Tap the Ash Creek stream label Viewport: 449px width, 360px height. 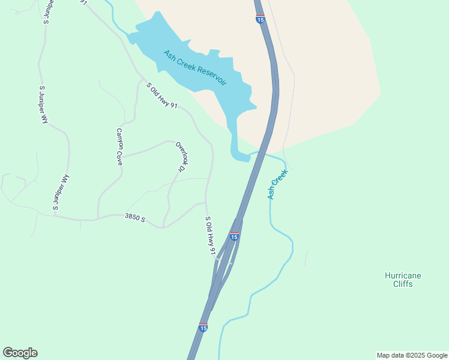click(278, 184)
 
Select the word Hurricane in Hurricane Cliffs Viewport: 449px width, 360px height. click(403, 275)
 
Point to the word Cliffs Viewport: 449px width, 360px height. click(403, 284)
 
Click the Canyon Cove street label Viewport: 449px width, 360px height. click(119, 147)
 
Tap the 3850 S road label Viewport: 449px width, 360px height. click(135, 218)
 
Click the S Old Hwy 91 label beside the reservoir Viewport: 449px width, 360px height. click(162, 95)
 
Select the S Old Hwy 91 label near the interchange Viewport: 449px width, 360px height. click(210, 236)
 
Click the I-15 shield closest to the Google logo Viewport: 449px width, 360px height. click(203, 328)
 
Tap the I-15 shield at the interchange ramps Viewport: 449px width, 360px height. click(234, 236)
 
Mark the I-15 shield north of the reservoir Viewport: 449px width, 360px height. click(260, 19)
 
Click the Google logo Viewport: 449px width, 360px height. click(20, 353)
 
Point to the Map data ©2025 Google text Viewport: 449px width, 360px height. click(412, 355)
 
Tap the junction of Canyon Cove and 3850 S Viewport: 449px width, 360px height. click(98, 218)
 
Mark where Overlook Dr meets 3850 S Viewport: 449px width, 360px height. click(163, 227)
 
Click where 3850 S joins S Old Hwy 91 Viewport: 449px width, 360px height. click(206, 203)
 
